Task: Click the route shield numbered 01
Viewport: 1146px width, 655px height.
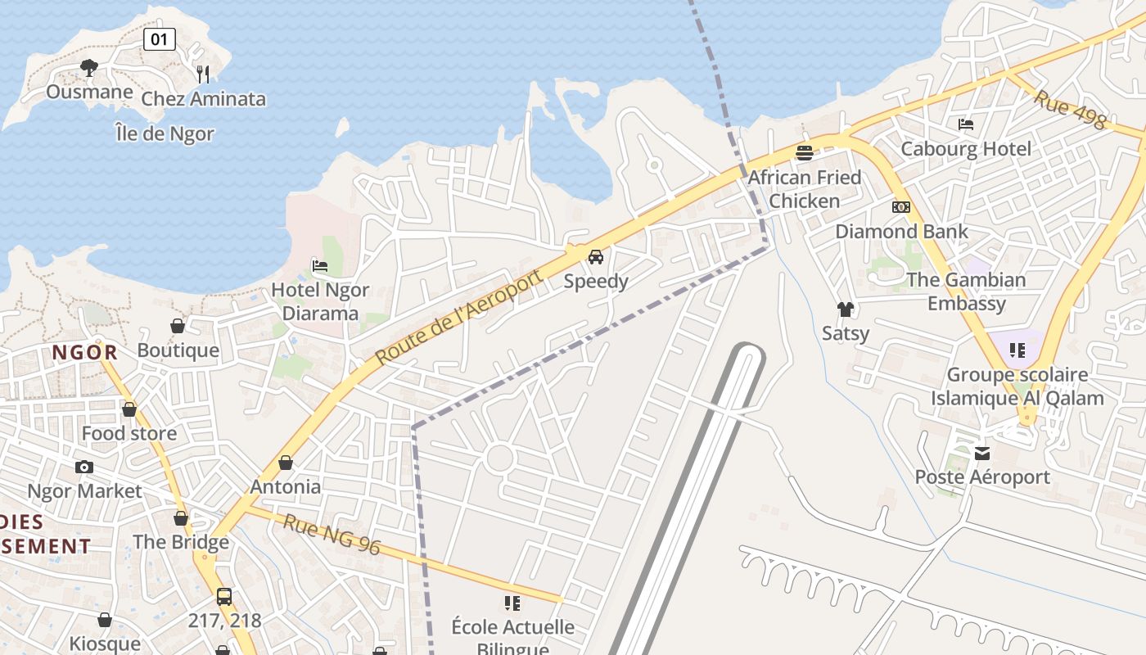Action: [x=160, y=38]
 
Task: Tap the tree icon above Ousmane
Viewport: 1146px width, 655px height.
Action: [x=89, y=68]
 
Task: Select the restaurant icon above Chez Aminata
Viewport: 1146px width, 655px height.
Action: [x=203, y=74]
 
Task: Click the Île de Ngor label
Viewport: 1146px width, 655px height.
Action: [x=165, y=133]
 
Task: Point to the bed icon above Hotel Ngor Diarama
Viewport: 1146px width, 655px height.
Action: [x=320, y=265]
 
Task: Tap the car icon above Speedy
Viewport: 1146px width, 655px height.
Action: [x=596, y=257]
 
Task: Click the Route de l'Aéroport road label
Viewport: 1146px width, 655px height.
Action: [x=459, y=318]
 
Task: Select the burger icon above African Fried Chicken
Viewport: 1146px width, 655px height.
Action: [x=805, y=152]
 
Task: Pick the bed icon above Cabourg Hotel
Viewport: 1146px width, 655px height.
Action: [x=966, y=124]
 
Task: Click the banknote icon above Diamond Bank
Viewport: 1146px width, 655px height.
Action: [x=901, y=207]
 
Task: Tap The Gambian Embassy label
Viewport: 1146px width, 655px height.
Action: [x=966, y=291]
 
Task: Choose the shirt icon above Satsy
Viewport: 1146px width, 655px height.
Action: [x=846, y=309]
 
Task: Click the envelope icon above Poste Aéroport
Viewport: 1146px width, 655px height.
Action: [x=982, y=453]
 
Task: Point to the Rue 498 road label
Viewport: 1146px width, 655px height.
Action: [x=1070, y=109]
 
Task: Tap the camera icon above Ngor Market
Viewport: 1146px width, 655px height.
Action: [x=83, y=467]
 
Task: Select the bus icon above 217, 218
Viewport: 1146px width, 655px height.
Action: [x=224, y=596]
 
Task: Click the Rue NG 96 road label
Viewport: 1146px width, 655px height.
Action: [x=332, y=534]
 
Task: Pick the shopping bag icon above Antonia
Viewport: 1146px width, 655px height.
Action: [x=286, y=463]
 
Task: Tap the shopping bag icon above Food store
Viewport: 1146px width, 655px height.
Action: [x=129, y=409]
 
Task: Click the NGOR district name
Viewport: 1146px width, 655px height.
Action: [x=85, y=353]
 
